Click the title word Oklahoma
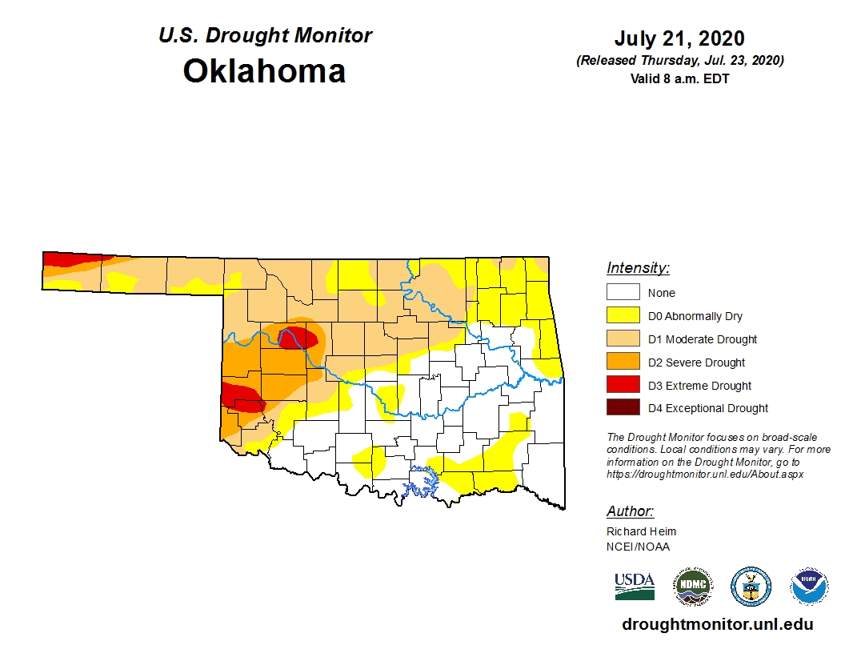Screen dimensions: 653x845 pyautogui.click(x=264, y=71)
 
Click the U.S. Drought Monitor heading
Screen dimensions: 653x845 pyautogui.click(x=265, y=36)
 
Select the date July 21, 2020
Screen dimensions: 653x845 pyautogui.click(x=679, y=38)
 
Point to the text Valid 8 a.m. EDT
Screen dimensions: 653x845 pyautogui.click(x=679, y=78)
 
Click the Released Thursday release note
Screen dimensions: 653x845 pyautogui.click(x=679, y=61)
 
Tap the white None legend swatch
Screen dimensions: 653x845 pyautogui.click(x=623, y=293)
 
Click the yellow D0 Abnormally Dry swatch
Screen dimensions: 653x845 pyautogui.click(x=623, y=316)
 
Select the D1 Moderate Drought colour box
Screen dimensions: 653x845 pyautogui.click(x=623, y=339)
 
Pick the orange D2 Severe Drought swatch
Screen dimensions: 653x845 pyautogui.click(x=623, y=363)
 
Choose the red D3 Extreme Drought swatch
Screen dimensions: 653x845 pyautogui.click(x=623, y=385)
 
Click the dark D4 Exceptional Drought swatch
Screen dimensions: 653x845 pyautogui.click(x=623, y=408)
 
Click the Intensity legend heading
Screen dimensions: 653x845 pyautogui.click(x=638, y=268)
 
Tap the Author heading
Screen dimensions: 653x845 pyautogui.click(x=630, y=511)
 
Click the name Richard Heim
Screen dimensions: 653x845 pyautogui.click(x=641, y=531)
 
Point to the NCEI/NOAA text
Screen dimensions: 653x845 pyautogui.click(x=638, y=547)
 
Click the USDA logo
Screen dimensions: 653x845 pyautogui.click(x=635, y=587)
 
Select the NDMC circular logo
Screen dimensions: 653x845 pyautogui.click(x=692, y=587)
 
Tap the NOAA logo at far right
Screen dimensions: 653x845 pyautogui.click(x=809, y=587)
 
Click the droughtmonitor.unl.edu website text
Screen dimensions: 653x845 pyautogui.click(x=717, y=625)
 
